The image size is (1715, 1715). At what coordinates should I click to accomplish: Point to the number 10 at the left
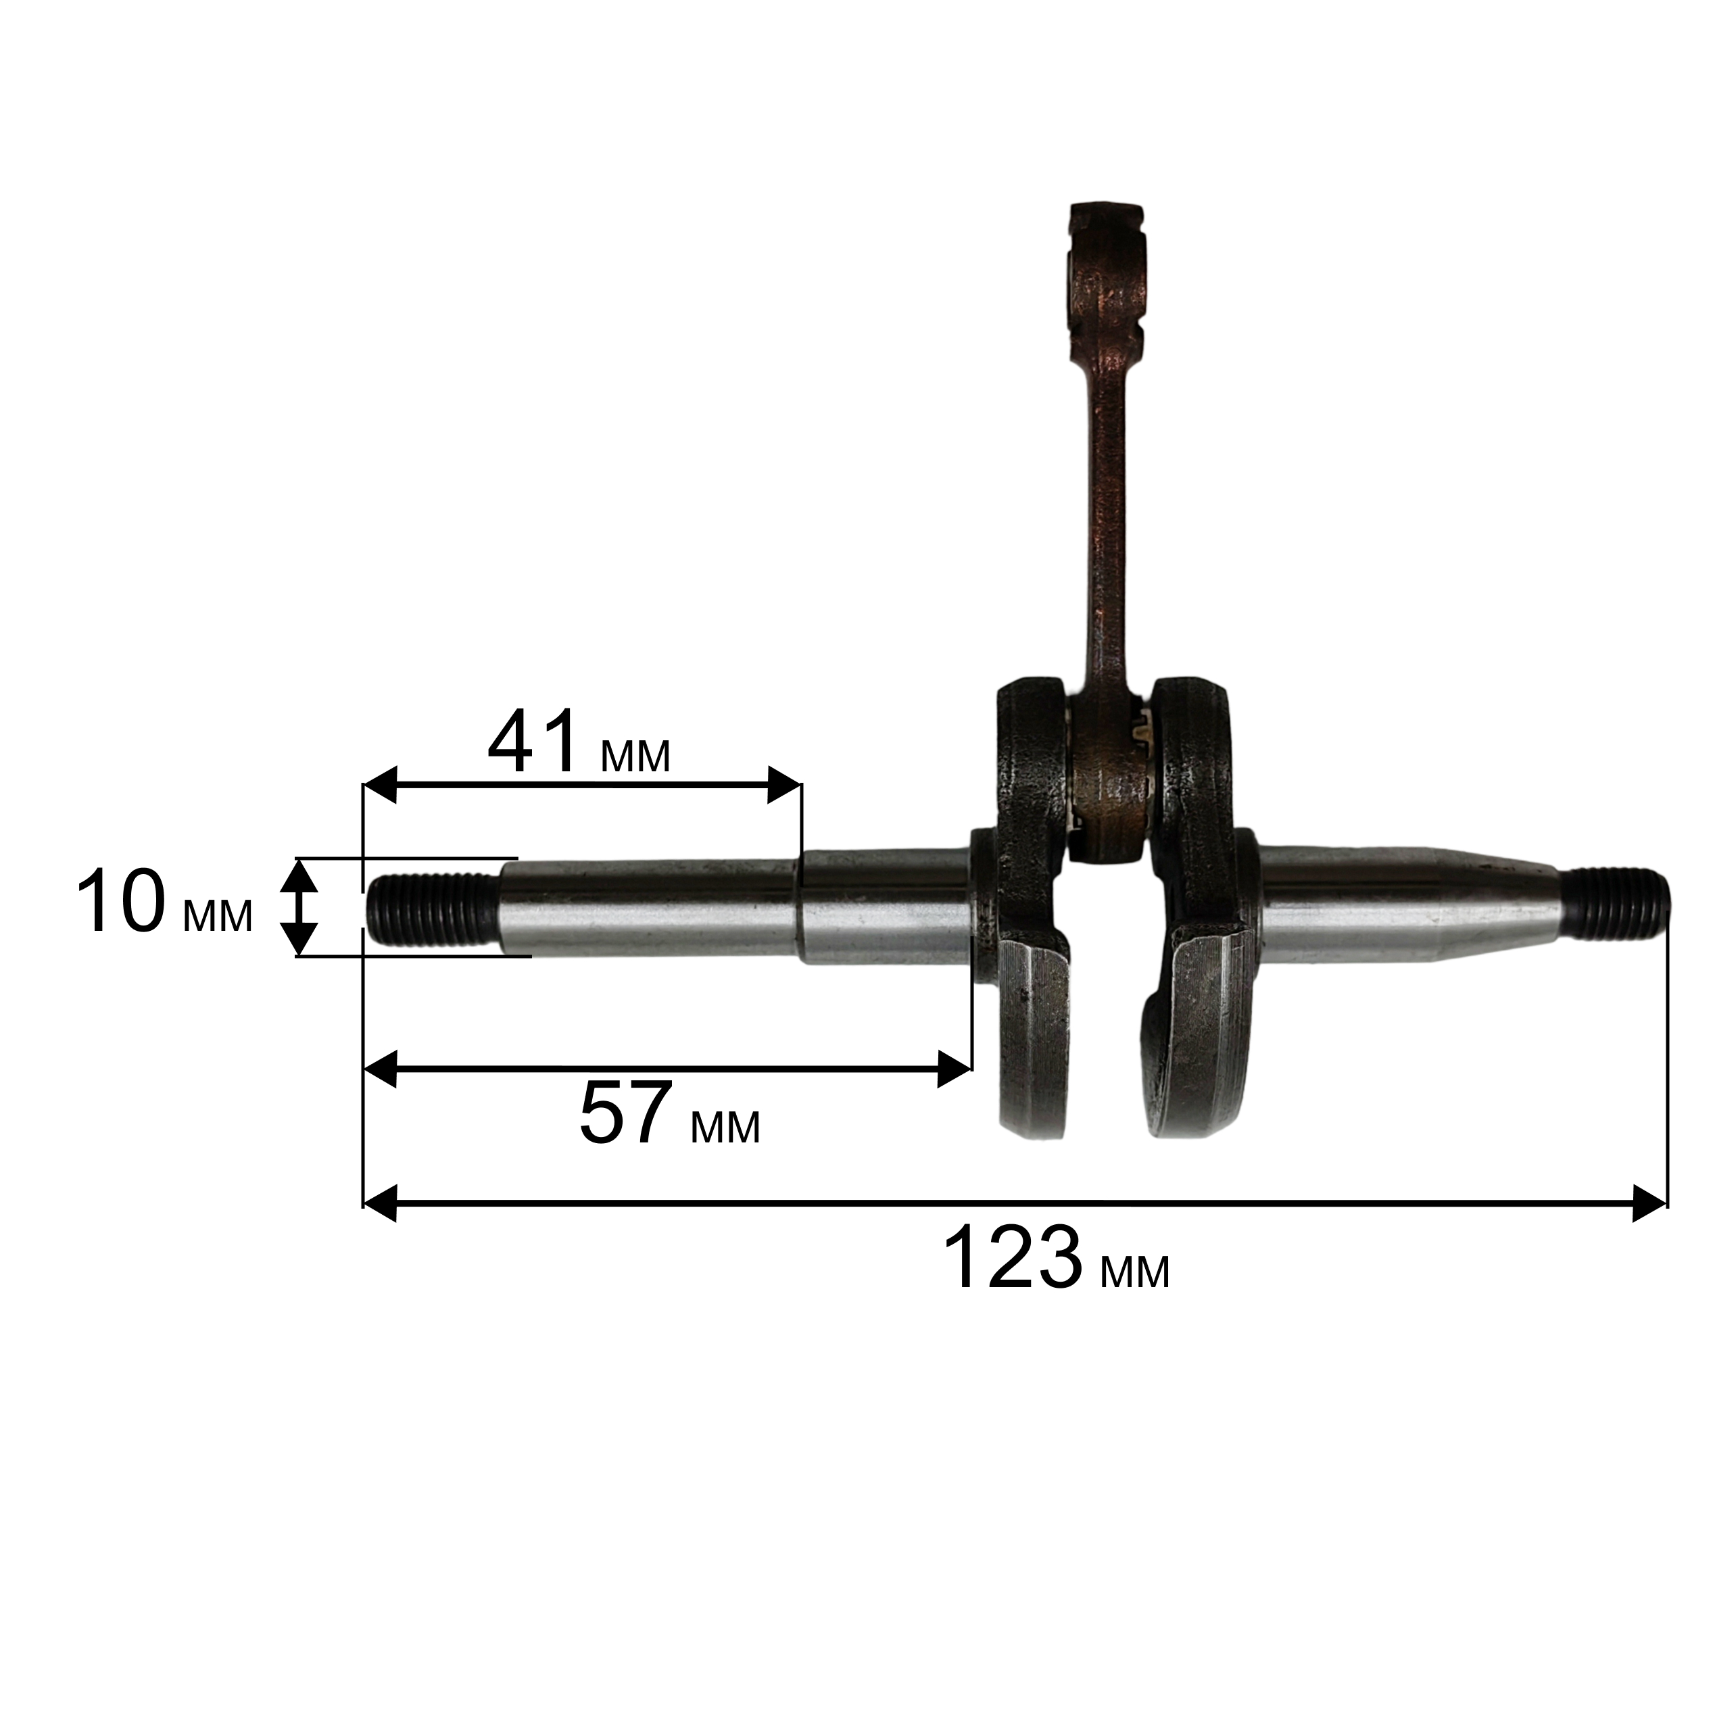[121, 904]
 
